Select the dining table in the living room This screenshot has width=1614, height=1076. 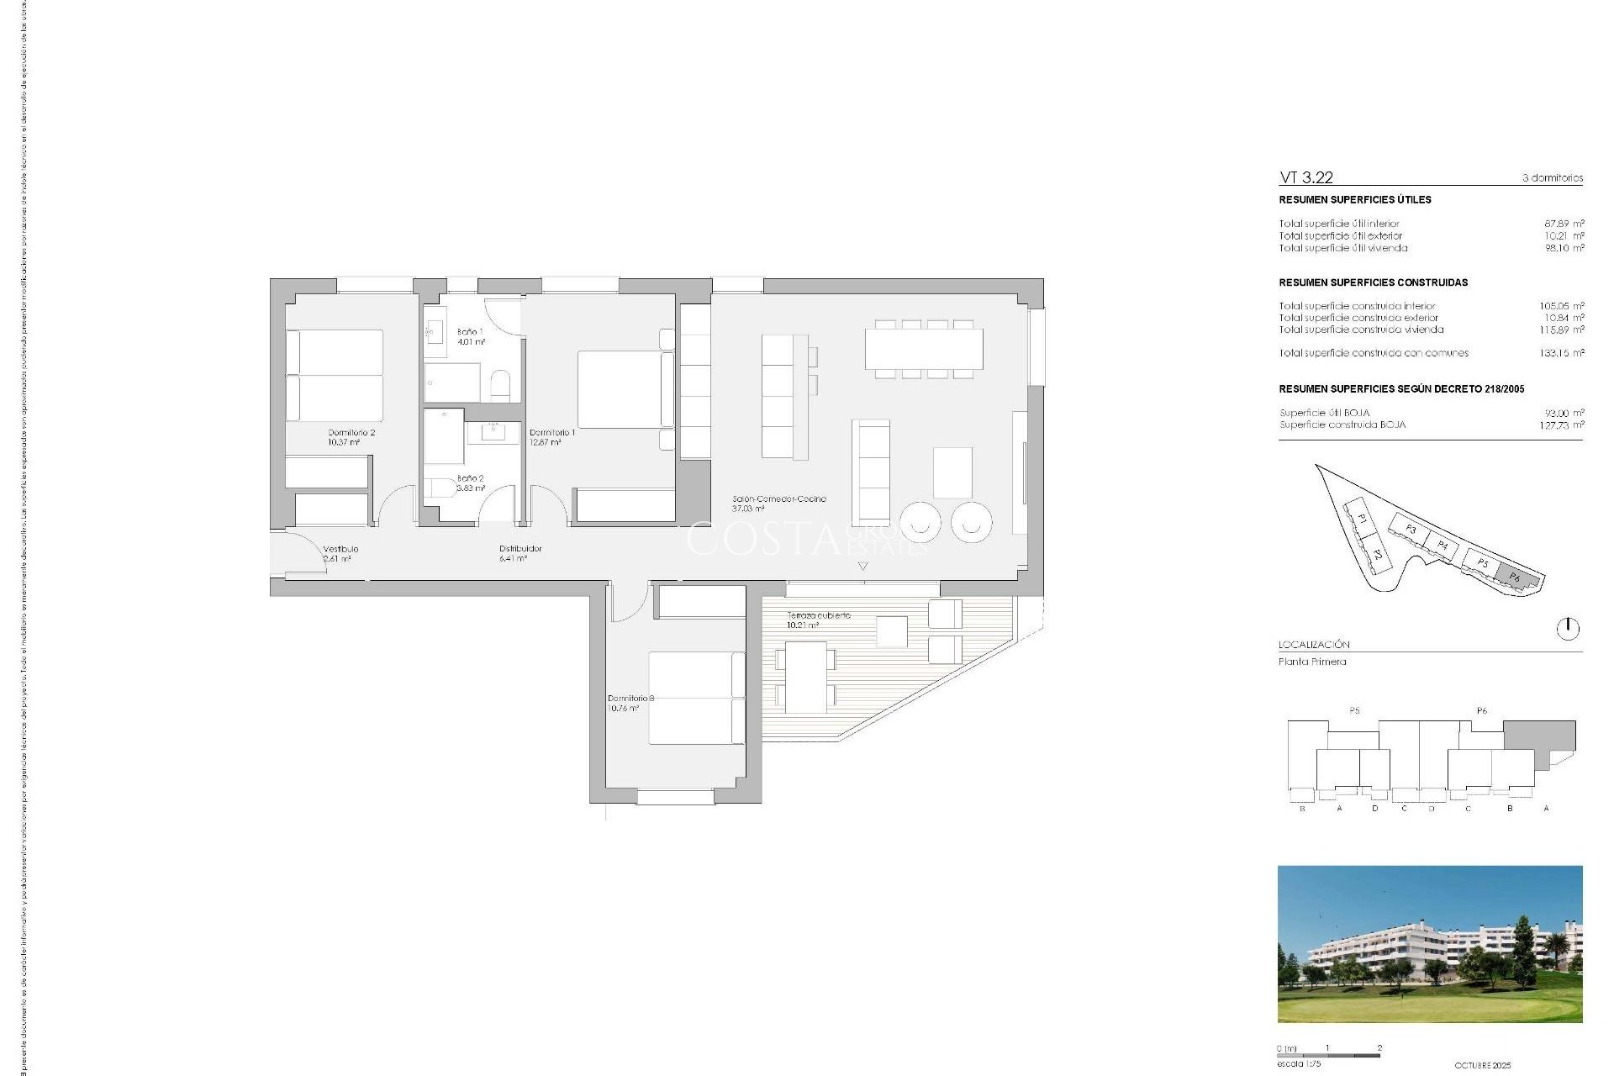(924, 349)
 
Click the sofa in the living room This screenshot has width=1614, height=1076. (871, 472)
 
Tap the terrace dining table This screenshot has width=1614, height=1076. (805, 677)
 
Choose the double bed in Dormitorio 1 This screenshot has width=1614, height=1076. (620, 390)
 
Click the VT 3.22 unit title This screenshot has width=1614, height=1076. (1305, 177)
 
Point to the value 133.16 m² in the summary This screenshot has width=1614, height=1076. (1561, 353)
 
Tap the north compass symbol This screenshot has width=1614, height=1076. (1568, 628)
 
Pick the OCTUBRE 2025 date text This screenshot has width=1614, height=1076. (1482, 1065)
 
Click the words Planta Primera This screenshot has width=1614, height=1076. (1312, 662)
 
